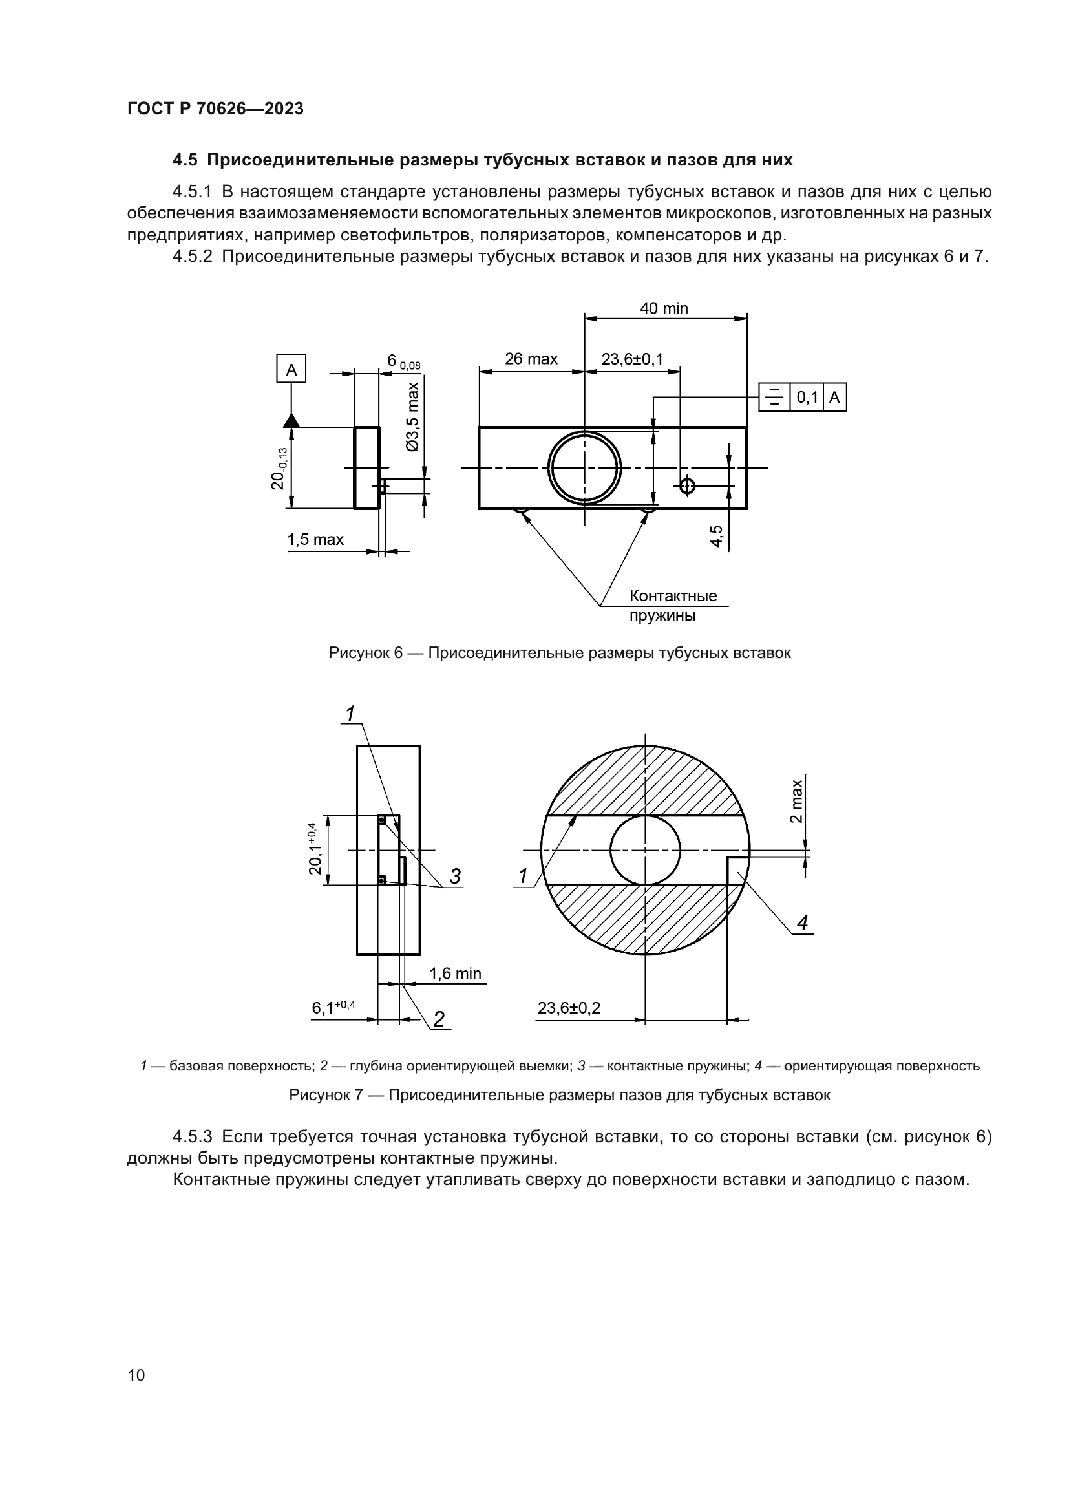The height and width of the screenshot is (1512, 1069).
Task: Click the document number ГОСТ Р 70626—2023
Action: (x=215, y=109)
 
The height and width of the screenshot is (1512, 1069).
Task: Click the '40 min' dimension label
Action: (x=664, y=308)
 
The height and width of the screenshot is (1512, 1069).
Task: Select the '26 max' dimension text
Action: (x=531, y=359)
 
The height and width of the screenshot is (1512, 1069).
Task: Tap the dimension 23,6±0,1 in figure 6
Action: (x=632, y=359)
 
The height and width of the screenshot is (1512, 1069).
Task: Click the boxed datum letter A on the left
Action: (x=291, y=370)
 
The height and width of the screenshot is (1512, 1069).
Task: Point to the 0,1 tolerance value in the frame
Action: (x=807, y=398)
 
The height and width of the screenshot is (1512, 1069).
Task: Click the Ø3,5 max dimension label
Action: (x=413, y=416)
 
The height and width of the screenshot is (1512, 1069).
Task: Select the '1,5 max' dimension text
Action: (x=315, y=539)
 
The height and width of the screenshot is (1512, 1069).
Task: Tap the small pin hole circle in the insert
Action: (x=687, y=486)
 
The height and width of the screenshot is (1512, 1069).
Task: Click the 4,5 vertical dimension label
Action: (x=716, y=535)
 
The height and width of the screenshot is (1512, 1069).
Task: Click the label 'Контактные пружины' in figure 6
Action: (x=673, y=605)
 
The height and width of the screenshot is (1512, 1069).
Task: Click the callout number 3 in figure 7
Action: (x=455, y=877)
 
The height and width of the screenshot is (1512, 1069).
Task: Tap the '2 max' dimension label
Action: (x=796, y=801)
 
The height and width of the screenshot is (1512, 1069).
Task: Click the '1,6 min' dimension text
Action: (x=455, y=974)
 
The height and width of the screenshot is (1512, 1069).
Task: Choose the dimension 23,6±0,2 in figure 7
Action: (x=569, y=1008)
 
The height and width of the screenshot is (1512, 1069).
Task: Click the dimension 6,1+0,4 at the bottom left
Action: (x=333, y=1008)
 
